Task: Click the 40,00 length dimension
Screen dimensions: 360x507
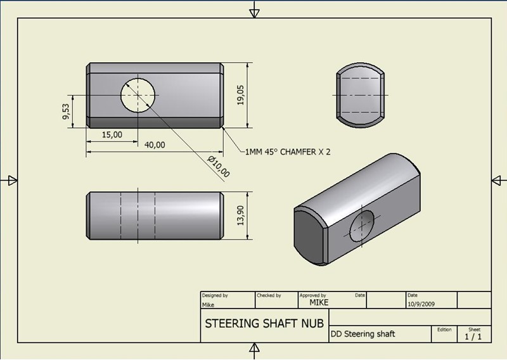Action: point(155,145)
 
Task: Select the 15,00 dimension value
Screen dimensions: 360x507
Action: point(112,134)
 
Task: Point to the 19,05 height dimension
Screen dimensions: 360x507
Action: point(240,95)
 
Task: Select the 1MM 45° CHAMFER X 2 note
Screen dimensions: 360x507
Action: point(288,151)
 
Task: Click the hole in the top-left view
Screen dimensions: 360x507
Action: point(138,95)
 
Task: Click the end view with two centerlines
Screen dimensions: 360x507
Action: point(359,95)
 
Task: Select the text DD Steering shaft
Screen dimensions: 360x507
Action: point(363,333)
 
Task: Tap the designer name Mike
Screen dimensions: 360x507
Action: point(208,304)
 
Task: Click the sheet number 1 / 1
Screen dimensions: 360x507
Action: point(473,337)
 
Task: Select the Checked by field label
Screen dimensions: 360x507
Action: point(269,295)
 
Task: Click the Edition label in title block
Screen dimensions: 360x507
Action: point(444,330)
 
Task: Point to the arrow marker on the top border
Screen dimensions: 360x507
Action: point(254,11)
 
